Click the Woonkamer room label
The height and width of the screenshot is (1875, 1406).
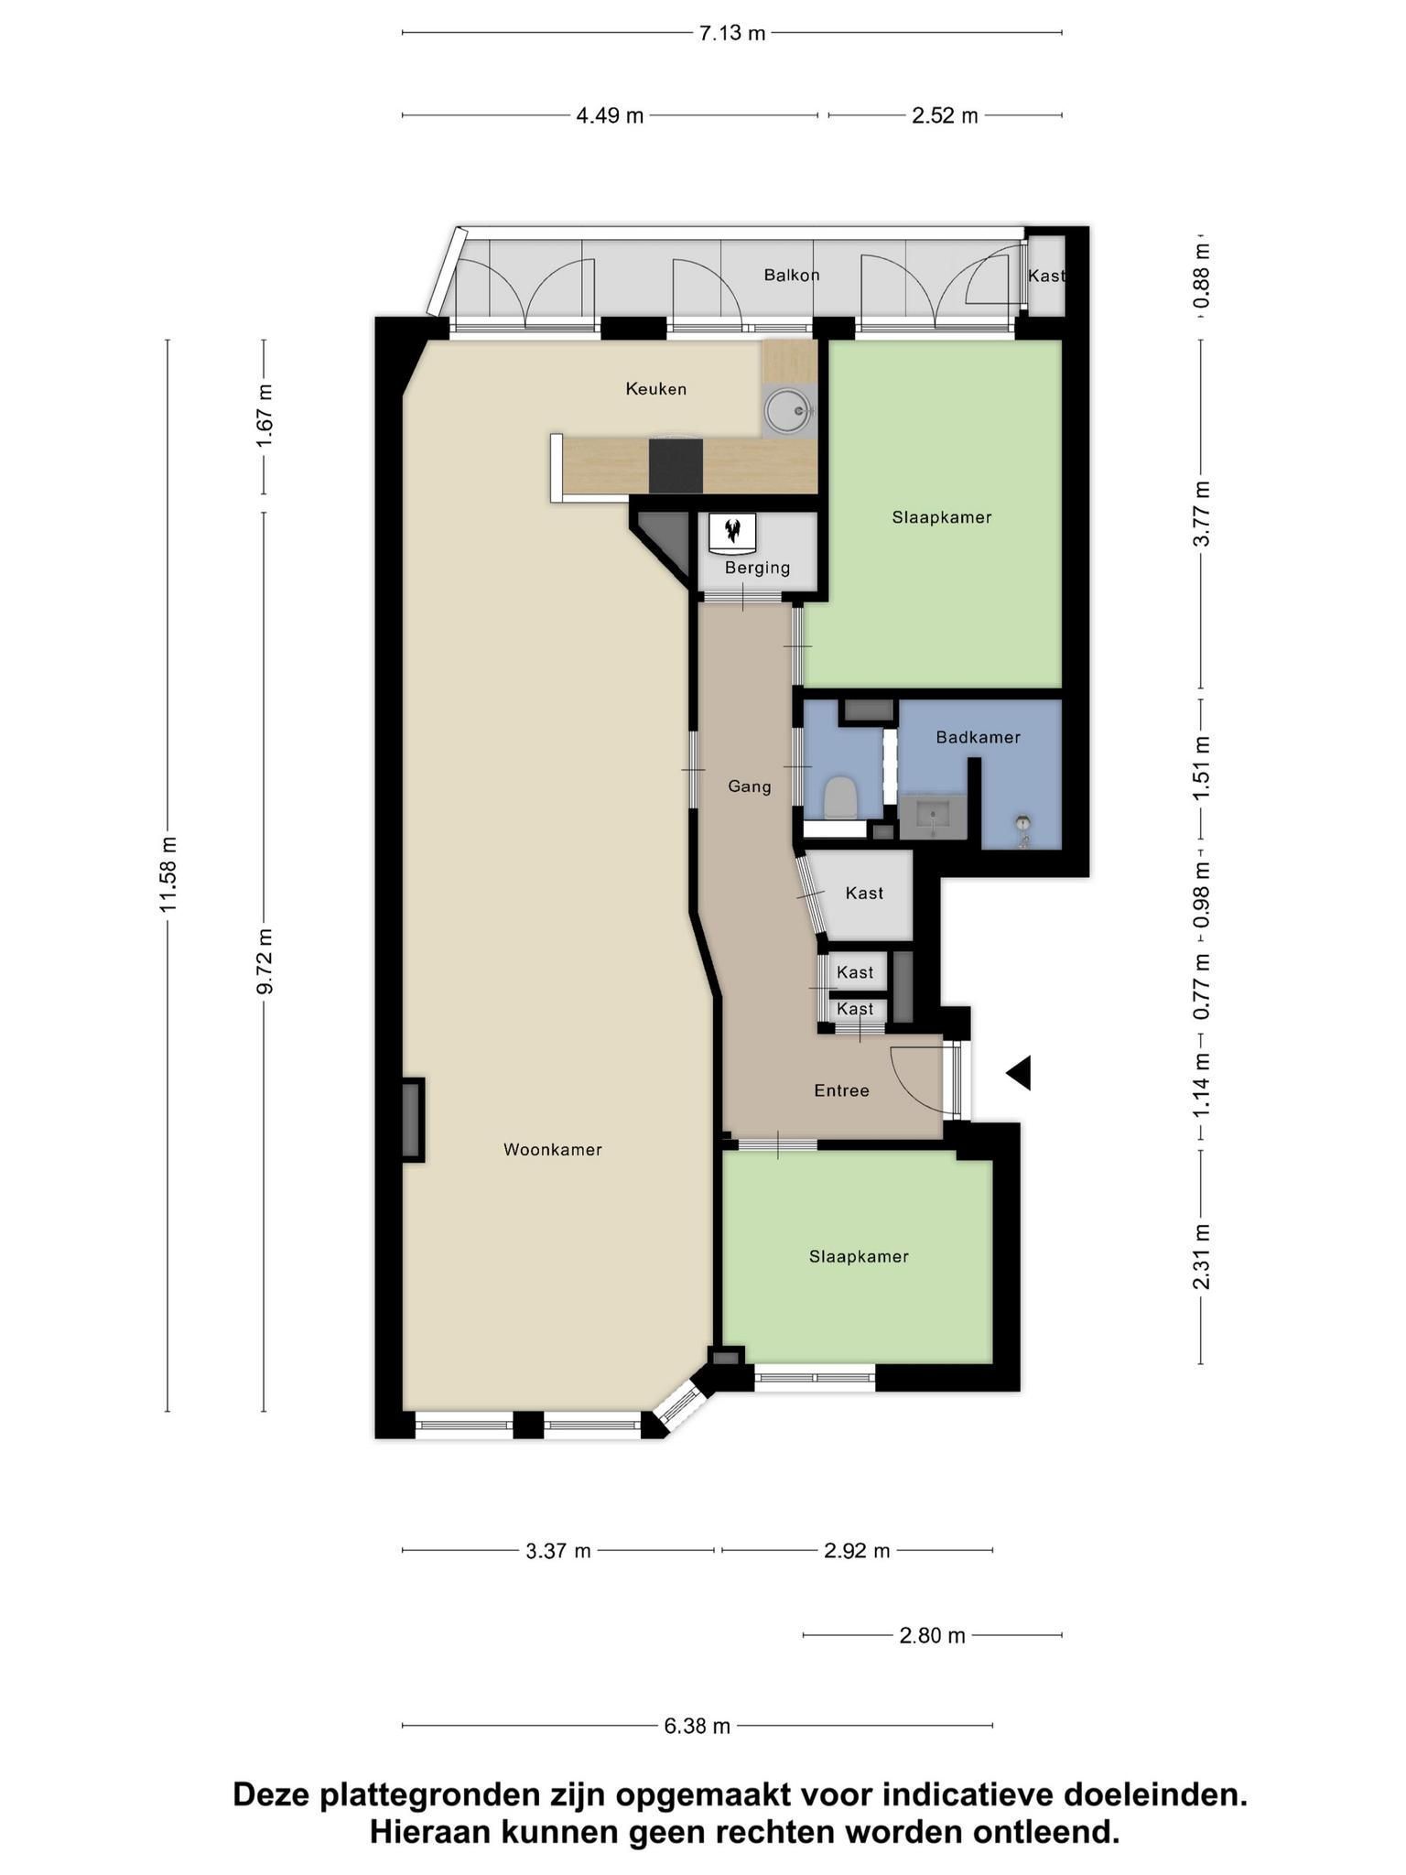pyautogui.click(x=553, y=1150)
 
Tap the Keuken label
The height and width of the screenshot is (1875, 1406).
pyautogui.click(x=656, y=389)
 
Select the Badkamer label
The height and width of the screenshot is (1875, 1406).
pyautogui.click(x=978, y=737)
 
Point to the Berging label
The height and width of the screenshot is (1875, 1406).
pyautogui.click(x=757, y=568)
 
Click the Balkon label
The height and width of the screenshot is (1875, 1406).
pyautogui.click(x=792, y=275)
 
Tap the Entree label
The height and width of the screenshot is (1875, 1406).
pyautogui.click(x=842, y=1090)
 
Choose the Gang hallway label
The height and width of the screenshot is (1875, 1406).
pyautogui.click(x=750, y=786)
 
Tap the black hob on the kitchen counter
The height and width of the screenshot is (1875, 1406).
pyautogui.click(x=676, y=466)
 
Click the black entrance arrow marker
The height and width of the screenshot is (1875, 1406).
pyautogui.click(x=1019, y=1073)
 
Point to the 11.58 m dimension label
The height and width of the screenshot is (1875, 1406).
pyautogui.click(x=168, y=874)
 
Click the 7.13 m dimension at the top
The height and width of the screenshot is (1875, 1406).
pyautogui.click(x=732, y=34)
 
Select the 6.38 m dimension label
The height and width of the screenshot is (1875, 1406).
pyautogui.click(x=698, y=1727)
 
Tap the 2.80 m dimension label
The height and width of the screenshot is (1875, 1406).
pyautogui.click(x=933, y=1635)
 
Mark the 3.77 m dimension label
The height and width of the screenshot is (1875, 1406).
pyautogui.click(x=1202, y=514)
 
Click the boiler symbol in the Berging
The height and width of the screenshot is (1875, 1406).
pyautogui.click(x=731, y=534)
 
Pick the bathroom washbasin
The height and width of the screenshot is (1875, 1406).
pyautogui.click(x=932, y=817)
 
